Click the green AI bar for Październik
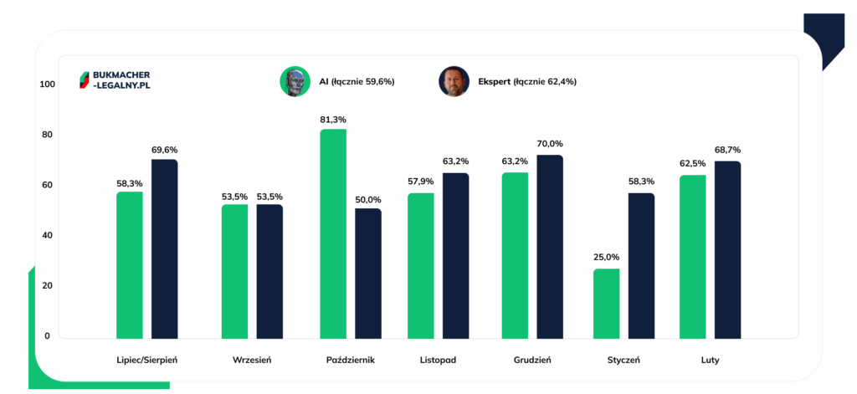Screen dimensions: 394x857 [333, 234]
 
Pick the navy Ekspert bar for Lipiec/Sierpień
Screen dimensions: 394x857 [165, 249]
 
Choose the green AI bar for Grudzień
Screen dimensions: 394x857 [515, 255]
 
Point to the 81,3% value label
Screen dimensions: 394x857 [333, 120]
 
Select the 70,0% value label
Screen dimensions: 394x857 [550, 144]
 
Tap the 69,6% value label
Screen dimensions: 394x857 [165, 150]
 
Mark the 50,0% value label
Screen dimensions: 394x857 [368, 199]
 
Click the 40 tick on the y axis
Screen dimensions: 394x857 [47, 235]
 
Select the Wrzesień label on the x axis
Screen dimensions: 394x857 [252, 361]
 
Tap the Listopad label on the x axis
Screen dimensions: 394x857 [439, 361]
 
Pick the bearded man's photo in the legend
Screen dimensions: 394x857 [453, 81]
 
